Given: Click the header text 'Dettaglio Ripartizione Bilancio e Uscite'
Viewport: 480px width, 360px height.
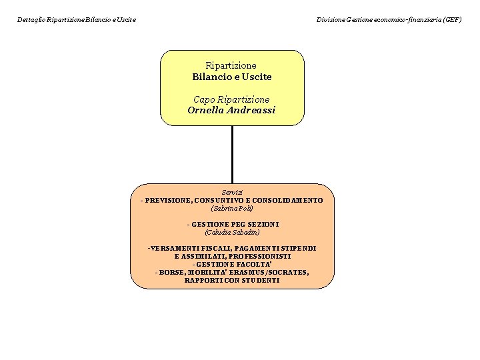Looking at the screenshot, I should click(77, 20).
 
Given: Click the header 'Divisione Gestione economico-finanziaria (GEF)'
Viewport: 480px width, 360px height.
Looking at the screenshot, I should click(389, 20).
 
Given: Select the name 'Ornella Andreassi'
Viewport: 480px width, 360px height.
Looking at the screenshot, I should click(231, 110).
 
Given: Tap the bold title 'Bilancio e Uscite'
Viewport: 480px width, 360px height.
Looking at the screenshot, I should click(232, 77).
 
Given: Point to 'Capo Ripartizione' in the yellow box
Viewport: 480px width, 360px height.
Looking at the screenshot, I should click(231, 99).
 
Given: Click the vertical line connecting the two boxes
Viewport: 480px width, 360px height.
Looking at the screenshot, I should click(232, 154).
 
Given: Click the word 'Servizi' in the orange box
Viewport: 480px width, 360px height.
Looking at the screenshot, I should click(232, 192).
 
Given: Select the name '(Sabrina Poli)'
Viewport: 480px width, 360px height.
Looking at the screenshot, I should click(232, 208).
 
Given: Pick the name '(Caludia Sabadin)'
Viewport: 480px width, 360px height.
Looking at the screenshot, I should click(232, 232).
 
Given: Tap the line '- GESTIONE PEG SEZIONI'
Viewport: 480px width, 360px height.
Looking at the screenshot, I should click(232, 224).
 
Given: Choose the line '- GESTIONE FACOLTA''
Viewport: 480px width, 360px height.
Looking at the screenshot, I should click(232, 264).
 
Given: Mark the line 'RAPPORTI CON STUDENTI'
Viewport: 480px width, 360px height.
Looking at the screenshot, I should click(232, 280).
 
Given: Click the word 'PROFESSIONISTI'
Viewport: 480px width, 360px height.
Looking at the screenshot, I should click(259, 256).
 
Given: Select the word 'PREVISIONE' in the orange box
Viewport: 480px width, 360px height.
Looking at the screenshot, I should click(169, 200).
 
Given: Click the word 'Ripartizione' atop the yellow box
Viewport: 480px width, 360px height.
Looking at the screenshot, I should click(231, 66).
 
